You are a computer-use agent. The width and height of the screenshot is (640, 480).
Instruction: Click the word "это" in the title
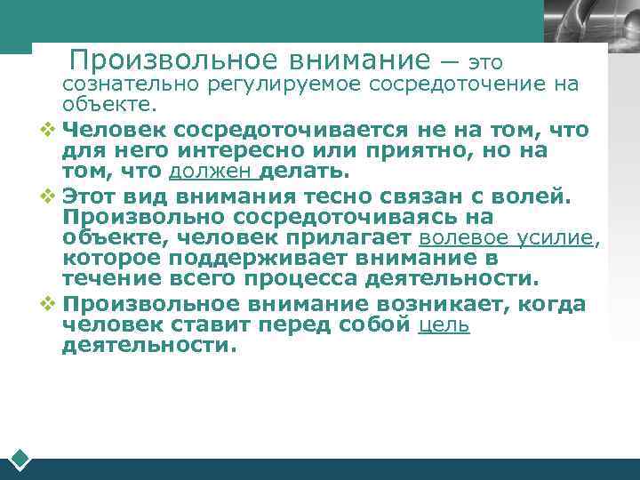click(x=485, y=63)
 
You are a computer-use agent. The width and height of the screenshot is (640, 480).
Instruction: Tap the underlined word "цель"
click(x=444, y=325)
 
